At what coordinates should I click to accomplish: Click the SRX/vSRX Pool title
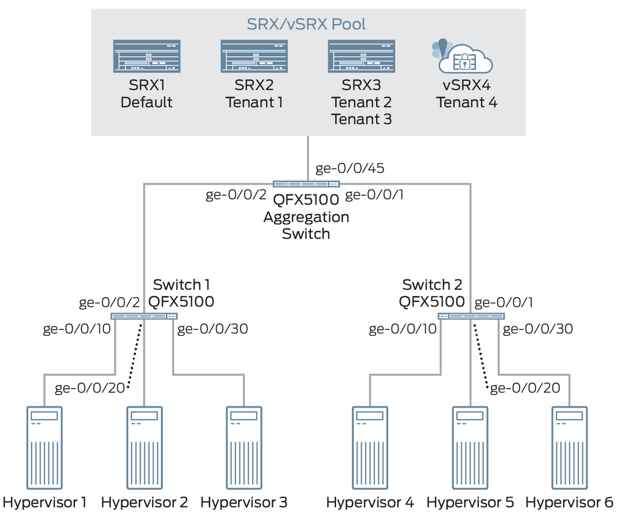(x=306, y=24)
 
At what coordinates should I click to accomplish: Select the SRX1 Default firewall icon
(x=147, y=56)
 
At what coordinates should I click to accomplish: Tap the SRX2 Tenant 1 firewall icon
(x=254, y=56)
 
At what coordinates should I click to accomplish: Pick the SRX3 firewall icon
(x=362, y=56)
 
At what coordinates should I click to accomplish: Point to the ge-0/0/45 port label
(x=350, y=168)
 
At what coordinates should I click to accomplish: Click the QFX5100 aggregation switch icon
(x=307, y=184)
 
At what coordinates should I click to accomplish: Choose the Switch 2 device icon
(x=471, y=316)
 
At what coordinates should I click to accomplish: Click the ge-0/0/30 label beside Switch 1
(x=213, y=329)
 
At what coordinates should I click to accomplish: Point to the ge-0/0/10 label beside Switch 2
(x=403, y=329)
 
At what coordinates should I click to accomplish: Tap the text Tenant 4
(x=466, y=102)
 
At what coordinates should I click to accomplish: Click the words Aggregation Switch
(x=306, y=225)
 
